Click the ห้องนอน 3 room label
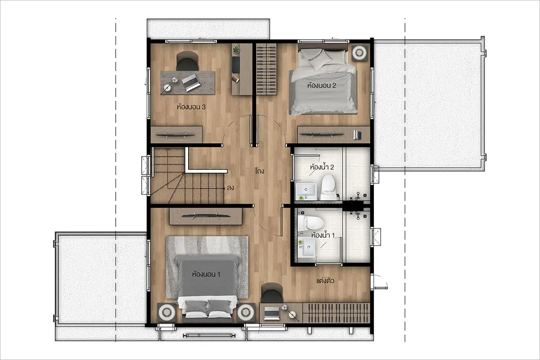point(191,107)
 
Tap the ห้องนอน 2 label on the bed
point(322,85)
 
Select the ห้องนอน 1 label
point(206,274)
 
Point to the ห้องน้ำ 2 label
point(322,167)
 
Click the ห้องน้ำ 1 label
point(323,235)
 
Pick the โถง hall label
point(260,171)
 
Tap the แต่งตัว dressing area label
point(325,281)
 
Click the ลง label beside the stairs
point(230,188)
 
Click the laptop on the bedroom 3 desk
point(191,83)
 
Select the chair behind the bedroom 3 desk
point(187,61)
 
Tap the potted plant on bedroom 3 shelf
point(236,49)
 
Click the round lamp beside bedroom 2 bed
point(359,53)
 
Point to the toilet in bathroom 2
point(328,187)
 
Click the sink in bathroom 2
point(306,191)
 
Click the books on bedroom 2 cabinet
point(357,135)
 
